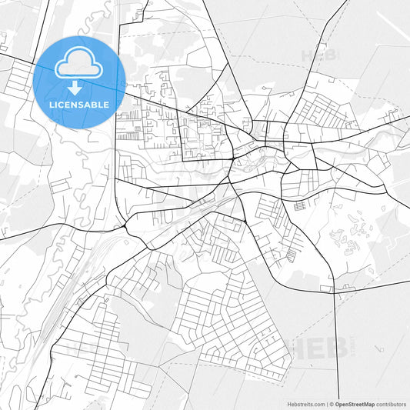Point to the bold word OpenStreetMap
[354, 403]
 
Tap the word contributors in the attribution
[392, 403]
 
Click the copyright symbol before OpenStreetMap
[331, 403]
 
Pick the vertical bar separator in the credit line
[325, 403]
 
